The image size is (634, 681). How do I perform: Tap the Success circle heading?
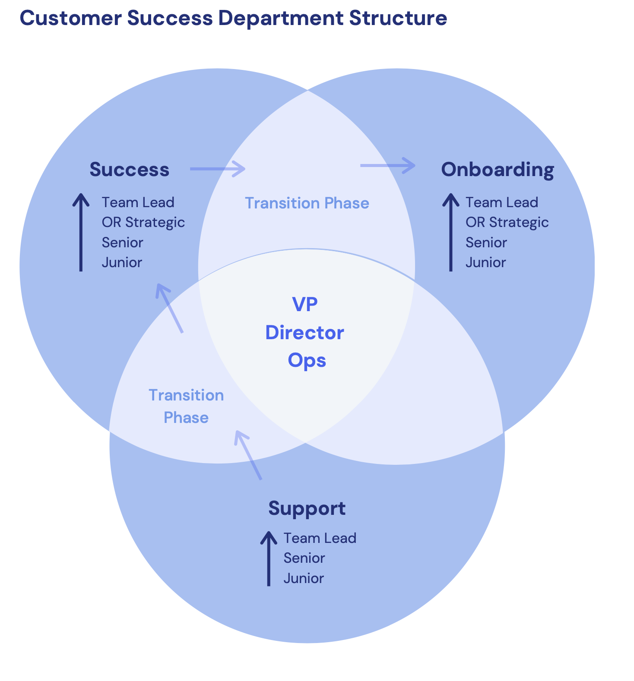coord(129,170)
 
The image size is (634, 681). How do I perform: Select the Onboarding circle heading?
coord(497,170)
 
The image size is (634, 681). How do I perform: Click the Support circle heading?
coord(307,508)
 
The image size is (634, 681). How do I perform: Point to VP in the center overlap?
coord(305,304)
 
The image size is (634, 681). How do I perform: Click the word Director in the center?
coord(304,333)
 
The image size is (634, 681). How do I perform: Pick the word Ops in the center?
coord(307,360)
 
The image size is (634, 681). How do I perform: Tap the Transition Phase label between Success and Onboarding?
coord(307,203)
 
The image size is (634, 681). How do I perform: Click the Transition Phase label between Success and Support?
coord(186,406)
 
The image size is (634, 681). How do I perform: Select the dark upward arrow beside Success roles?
coord(81,232)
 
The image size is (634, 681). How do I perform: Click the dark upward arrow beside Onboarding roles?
coord(451,232)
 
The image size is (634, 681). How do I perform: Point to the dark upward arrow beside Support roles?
coord(269,558)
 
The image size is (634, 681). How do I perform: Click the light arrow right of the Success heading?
coord(218,169)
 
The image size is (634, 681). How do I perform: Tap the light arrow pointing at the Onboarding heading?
coord(388,165)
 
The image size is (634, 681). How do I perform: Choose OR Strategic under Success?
coord(143,222)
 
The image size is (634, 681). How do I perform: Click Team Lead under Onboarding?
coord(501,202)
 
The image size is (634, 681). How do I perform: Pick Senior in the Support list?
coord(304,558)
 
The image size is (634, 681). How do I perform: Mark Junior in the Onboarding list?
coord(485,262)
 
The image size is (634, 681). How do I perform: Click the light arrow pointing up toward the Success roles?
coord(170,308)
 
